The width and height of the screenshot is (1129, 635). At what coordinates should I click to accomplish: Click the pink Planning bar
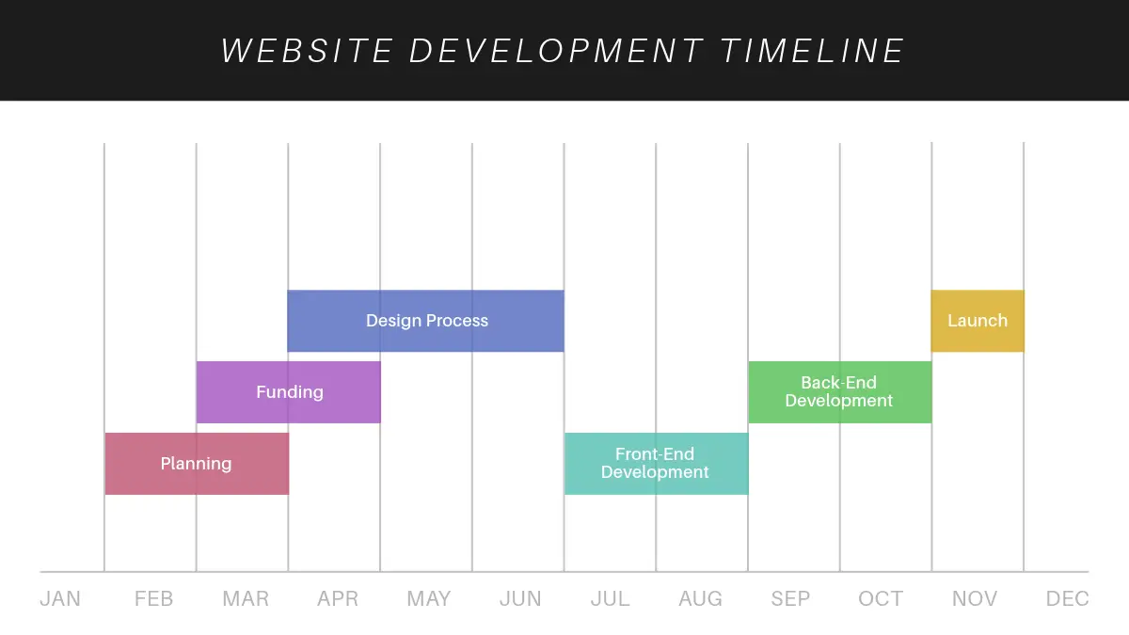(197, 464)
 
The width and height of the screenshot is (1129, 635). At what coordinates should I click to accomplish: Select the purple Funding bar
(289, 392)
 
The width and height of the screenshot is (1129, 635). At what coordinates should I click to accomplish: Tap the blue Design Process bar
(426, 321)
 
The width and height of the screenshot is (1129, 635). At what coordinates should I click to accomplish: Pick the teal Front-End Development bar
(657, 464)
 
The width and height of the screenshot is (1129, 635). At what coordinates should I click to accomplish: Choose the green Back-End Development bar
(840, 392)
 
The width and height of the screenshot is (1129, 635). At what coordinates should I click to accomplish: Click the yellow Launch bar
(978, 321)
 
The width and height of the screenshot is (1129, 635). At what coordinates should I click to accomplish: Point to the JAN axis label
(60, 598)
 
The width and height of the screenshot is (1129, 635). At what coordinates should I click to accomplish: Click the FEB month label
(153, 598)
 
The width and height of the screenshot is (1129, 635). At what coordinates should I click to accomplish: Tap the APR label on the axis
(338, 598)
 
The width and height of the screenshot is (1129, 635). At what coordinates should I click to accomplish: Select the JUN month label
(520, 598)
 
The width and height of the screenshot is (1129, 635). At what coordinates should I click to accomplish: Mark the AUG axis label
(701, 598)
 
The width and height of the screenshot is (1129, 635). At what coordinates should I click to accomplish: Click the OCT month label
(881, 598)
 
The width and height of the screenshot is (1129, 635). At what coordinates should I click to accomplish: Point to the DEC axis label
(1068, 598)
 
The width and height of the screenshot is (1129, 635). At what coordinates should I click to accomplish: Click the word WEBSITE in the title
(307, 51)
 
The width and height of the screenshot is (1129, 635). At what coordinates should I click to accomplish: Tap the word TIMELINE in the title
(813, 51)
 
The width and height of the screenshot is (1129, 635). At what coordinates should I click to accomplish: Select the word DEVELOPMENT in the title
(556, 51)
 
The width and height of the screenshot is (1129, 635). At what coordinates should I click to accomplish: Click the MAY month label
(429, 598)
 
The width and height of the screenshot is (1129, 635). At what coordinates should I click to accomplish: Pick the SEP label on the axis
(790, 598)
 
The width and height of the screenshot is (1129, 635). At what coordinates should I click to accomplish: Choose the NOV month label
(975, 598)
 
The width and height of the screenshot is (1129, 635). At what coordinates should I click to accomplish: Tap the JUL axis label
(610, 598)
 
